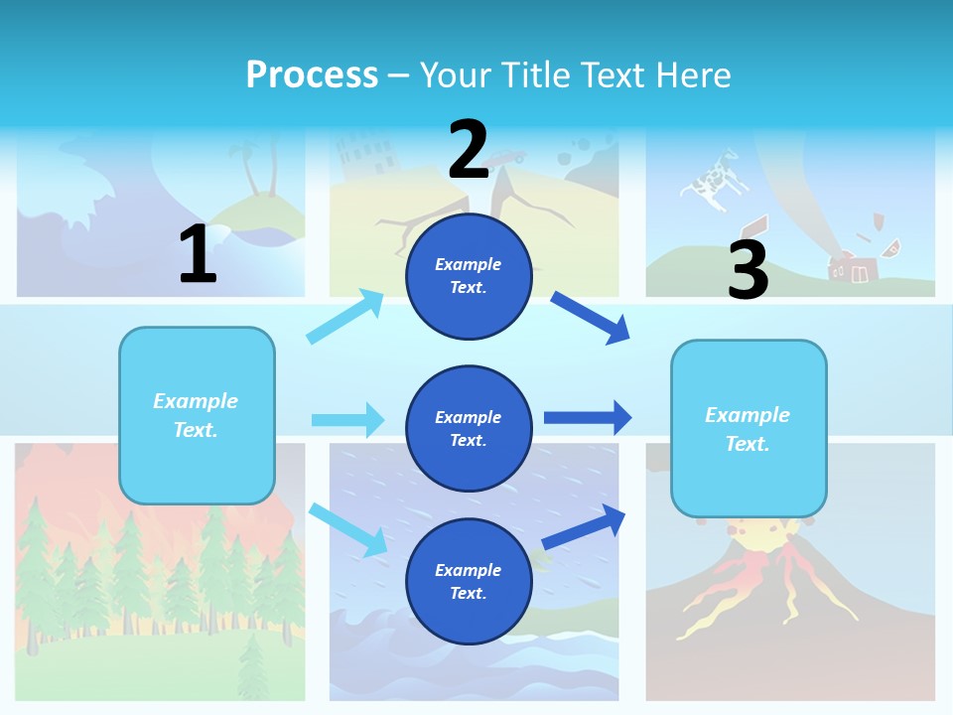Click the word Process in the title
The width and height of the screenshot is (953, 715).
312,74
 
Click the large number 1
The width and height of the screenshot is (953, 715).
198,254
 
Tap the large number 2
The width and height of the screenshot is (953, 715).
469,149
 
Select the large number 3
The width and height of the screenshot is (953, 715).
748,269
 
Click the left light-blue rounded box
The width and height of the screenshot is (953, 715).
197,415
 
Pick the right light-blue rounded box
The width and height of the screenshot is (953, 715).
749,428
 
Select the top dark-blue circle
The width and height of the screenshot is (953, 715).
469,275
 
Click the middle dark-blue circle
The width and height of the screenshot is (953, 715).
469,428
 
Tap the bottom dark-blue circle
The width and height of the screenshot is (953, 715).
469,581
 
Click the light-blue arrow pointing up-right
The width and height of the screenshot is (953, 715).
345,317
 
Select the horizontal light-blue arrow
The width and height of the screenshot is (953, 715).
347,420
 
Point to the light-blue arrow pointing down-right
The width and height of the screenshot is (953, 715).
347,529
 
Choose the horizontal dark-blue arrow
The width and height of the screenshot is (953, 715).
587,418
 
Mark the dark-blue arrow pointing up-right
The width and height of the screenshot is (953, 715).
584,526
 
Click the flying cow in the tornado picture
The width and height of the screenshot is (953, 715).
711,180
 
